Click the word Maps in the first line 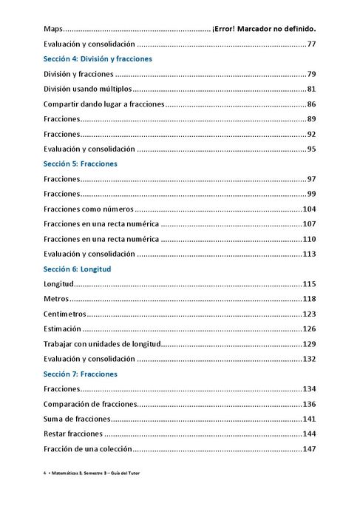tap(53, 29)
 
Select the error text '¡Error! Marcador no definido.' tap(264, 29)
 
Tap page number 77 tap(311, 44)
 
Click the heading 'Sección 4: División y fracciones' tap(98, 58)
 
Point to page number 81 tap(311, 89)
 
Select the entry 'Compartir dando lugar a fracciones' tap(103, 104)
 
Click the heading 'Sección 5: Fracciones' tap(80, 164)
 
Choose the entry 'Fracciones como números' tap(88, 209)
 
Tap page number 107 tap(309, 224)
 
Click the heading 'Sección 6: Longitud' tap(77, 269)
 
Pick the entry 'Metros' tap(56, 299)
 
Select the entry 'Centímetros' tap(65, 314)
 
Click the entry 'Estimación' tap(63, 329)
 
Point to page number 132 tap(309, 359)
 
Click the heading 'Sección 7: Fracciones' tap(80, 374)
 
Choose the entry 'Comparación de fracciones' tap(91, 404)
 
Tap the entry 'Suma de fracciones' tap(77, 419)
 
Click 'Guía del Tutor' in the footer tap(143, 472)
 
